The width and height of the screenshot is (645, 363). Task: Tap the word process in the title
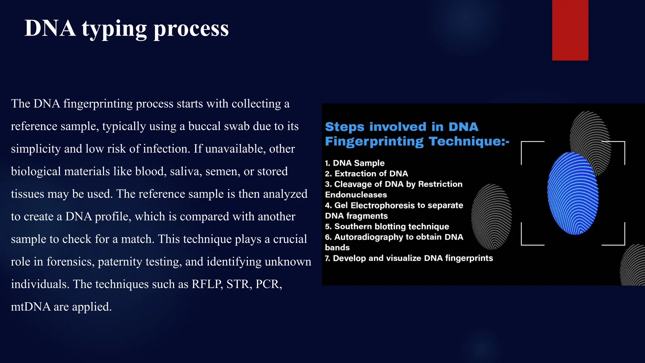point(191,29)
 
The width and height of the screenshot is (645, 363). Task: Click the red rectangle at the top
point(570,30)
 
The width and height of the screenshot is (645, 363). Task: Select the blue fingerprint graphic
point(573,193)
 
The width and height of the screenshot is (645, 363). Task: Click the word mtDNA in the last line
point(31,307)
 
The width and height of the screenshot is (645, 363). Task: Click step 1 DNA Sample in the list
point(355,163)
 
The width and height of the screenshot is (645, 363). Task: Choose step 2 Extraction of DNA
point(366,174)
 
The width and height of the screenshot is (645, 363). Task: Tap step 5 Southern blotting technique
point(387,227)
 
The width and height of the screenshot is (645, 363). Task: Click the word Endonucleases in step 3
point(356,195)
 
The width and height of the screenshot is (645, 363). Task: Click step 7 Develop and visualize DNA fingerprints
point(409,258)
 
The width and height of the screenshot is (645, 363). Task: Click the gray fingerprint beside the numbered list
point(491,216)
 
